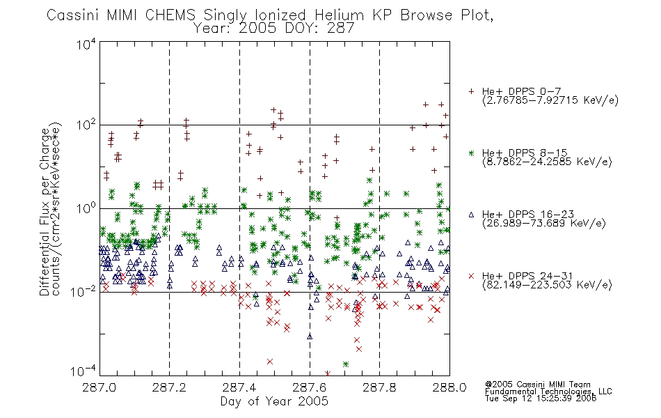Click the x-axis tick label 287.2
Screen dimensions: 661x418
(169, 387)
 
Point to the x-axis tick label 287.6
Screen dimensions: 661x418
(310, 387)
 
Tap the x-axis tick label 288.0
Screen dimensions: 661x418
(449, 387)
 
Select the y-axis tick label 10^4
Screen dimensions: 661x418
(86, 44)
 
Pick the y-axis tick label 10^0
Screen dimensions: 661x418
(86, 208)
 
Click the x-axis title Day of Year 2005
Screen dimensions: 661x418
(274, 401)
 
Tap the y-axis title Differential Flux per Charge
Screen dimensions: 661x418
(45, 212)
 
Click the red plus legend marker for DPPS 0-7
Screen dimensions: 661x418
(471, 91)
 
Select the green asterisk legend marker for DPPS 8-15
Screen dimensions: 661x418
(471, 153)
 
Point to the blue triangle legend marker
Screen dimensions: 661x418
(471, 215)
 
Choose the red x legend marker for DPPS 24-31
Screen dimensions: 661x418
(471, 276)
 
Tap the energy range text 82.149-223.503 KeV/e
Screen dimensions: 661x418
(547, 284)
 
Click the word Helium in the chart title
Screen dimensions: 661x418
(339, 15)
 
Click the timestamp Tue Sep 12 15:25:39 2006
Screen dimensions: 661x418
(541, 398)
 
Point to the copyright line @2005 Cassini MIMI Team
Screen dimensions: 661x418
(537, 385)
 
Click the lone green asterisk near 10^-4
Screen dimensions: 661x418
(346, 364)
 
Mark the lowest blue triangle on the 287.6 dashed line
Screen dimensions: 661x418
(310, 336)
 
